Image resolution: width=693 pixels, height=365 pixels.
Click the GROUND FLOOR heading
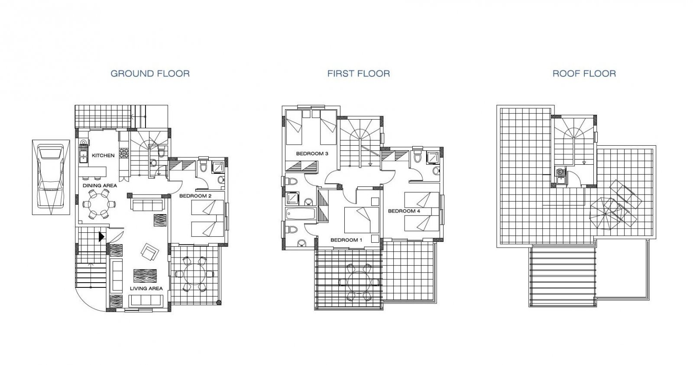pos(150,74)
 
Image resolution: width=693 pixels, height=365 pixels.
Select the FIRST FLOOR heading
pos(359,74)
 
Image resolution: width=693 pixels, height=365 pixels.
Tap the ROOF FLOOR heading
pos(584,74)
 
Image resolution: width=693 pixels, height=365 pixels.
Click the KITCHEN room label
pos(103,156)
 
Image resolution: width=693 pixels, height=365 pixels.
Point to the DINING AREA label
pos(100,186)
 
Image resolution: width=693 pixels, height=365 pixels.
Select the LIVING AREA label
pos(146,289)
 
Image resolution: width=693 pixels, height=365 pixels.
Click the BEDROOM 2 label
pos(195,196)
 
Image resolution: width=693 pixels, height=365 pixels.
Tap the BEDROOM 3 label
pos(312,153)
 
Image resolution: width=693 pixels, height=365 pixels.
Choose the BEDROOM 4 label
pos(404,211)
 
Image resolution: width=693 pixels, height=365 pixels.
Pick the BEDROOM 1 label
pos(346,240)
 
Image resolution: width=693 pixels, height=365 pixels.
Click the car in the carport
pos(51,177)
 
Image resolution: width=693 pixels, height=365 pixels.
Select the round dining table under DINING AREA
pos(98,204)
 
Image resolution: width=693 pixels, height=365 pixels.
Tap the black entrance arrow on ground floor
pos(101,237)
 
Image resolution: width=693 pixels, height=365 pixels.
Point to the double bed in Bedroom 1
pos(362,220)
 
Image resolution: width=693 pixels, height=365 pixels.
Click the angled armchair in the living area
pos(150,252)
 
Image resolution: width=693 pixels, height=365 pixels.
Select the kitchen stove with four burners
pos(124,153)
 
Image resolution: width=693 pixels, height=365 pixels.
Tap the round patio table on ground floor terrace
pos(194,274)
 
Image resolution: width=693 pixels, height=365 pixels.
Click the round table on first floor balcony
pos(359,282)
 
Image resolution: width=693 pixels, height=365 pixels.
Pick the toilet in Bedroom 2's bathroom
pos(203,166)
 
